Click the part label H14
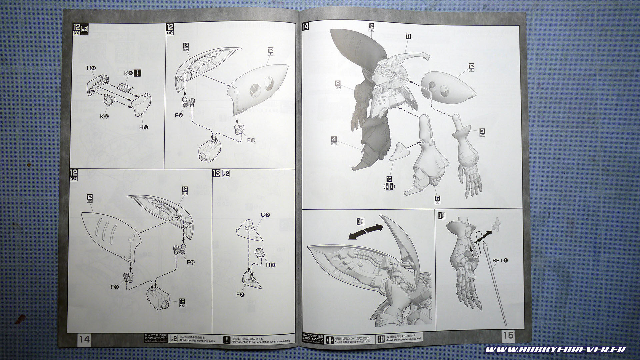click(91, 68)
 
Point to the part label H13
click(144, 127)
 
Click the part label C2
click(266, 215)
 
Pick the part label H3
click(270, 265)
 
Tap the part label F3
click(240, 295)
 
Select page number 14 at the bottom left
click(84, 339)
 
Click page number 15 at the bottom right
click(508, 335)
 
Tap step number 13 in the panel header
click(216, 173)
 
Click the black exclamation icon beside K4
click(137, 73)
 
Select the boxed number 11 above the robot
click(408, 37)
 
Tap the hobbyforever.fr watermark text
click(555, 350)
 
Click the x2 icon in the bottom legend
click(173, 339)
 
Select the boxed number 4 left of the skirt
click(334, 139)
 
